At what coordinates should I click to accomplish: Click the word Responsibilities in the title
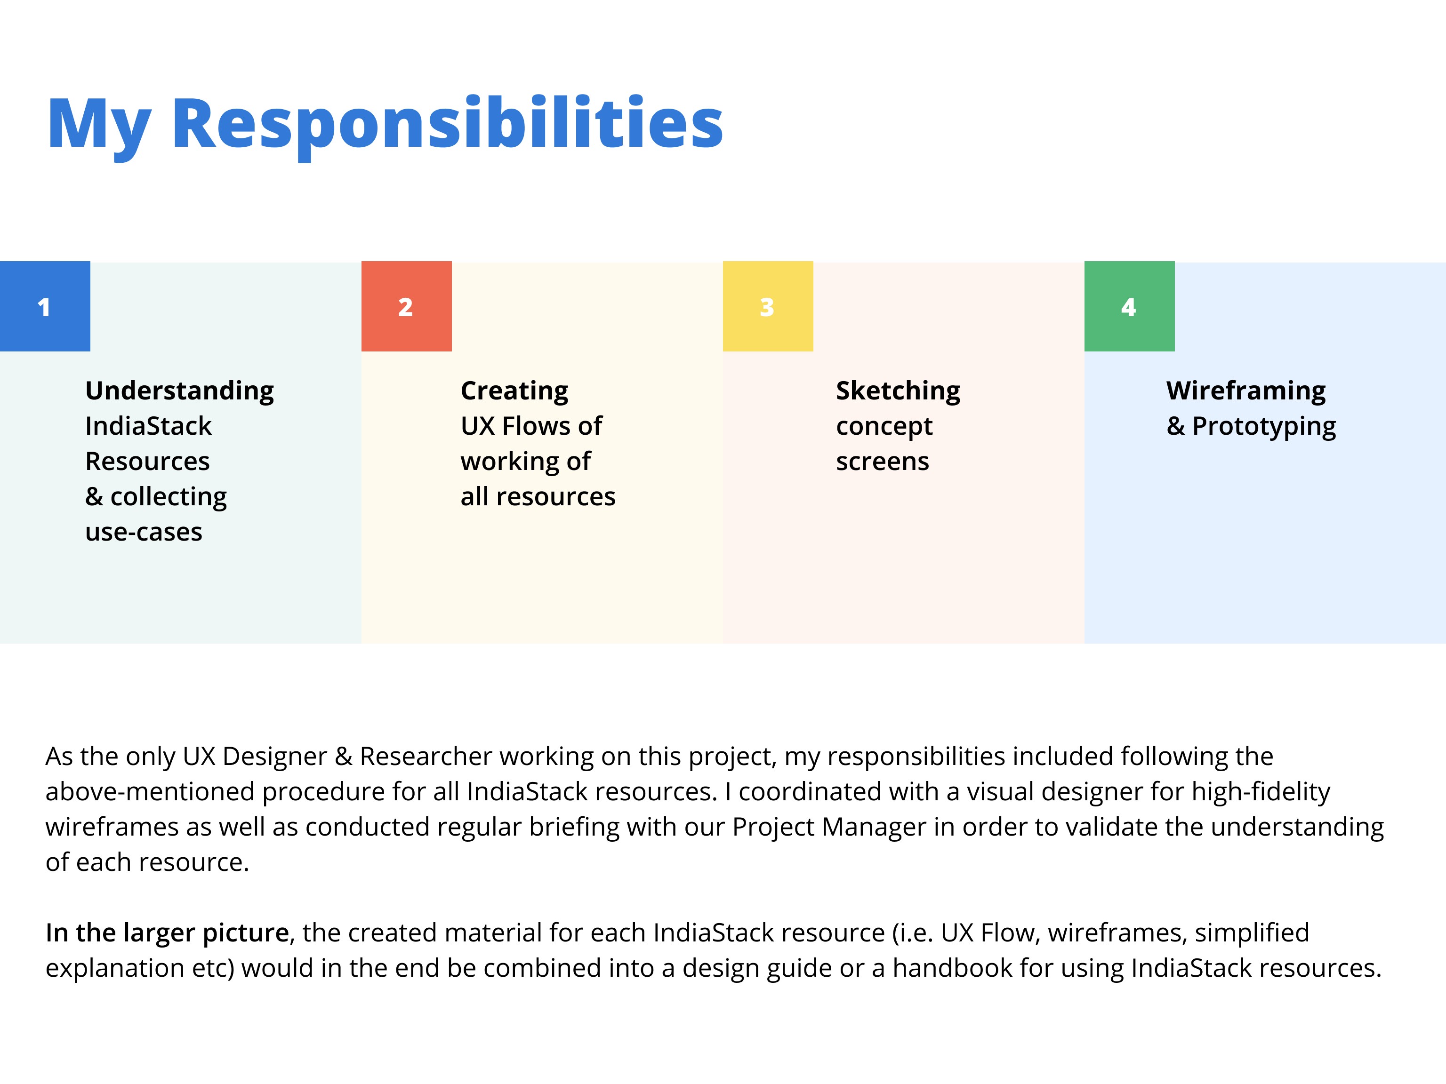pyautogui.click(x=447, y=124)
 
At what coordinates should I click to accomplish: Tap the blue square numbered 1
pyautogui.click(x=45, y=306)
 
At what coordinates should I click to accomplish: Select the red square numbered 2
pyautogui.click(x=407, y=306)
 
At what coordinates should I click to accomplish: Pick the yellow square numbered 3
pyautogui.click(x=768, y=306)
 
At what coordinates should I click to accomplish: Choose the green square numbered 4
pyautogui.click(x=1130, y=306)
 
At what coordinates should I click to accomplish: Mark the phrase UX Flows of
pyautogui.click(x=531, y=426)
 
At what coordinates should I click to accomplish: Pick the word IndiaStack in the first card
pyautogui.click(x=148, y=426)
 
